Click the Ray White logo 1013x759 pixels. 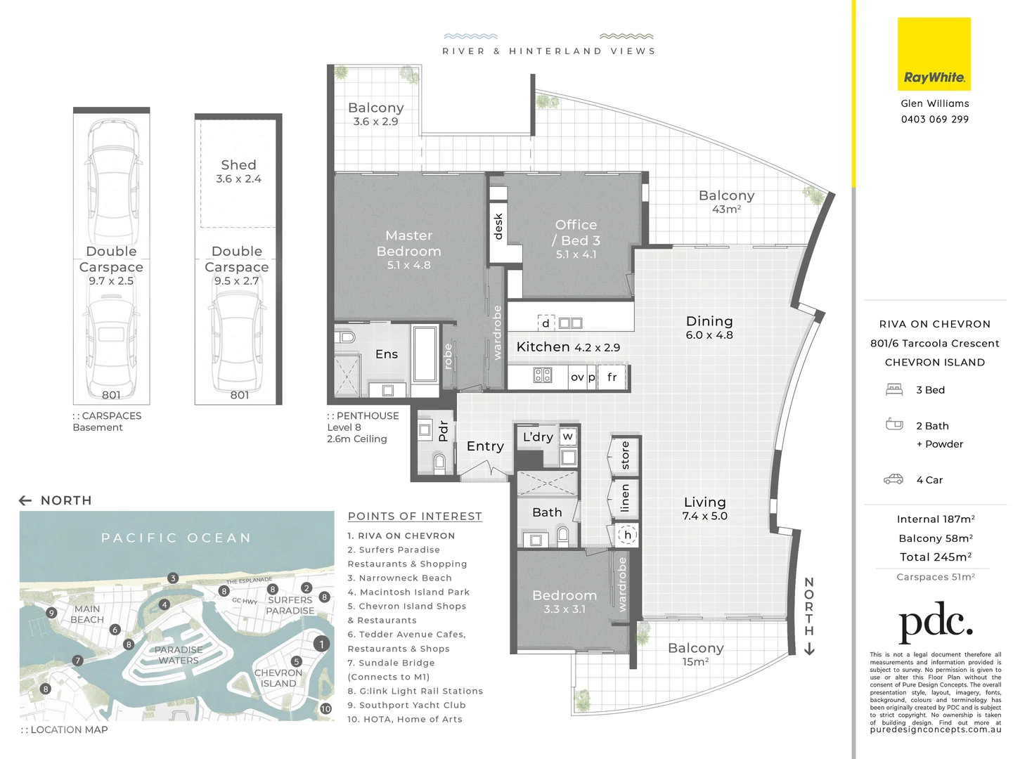point(934,55)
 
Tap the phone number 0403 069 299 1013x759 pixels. point(934,119)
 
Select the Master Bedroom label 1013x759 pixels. point(408,243)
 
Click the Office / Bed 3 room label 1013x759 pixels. point(576,233)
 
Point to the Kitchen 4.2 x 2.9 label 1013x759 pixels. point(567,347)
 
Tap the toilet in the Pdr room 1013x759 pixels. point(439,461)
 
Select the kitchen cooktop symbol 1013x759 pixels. point(542,375)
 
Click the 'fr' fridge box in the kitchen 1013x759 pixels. point(612,377)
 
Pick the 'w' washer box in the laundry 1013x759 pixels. point(567,436)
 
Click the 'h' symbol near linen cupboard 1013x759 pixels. point(627,535)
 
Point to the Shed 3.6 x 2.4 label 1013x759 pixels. point(238,171)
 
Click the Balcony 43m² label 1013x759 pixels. point(726,201)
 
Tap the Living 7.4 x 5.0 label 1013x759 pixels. point(704,508)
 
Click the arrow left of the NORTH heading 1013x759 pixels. point(25,500)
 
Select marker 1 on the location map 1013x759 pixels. point(321,644)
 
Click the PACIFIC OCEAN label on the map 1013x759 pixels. point(176,538)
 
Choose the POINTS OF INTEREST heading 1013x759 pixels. point(415,517)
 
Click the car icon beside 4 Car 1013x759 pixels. point(893,479)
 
